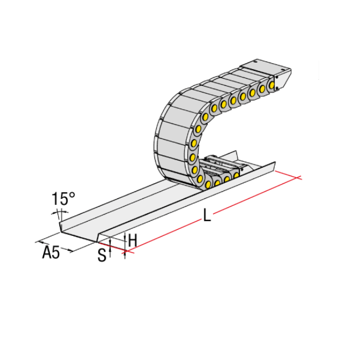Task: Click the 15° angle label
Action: pyautogui.click(x=63, y=199)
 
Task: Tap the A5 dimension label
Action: pyautogui.click(x=51, y=253)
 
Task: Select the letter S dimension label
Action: pyautogui.click(x=101, y=255)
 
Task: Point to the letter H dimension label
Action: pyautogui.click(x=132, y=240)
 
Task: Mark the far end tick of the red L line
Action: pyautogui.click(x=299, y=178)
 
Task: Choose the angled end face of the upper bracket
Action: pyautogui.click(x=283, y=78)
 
